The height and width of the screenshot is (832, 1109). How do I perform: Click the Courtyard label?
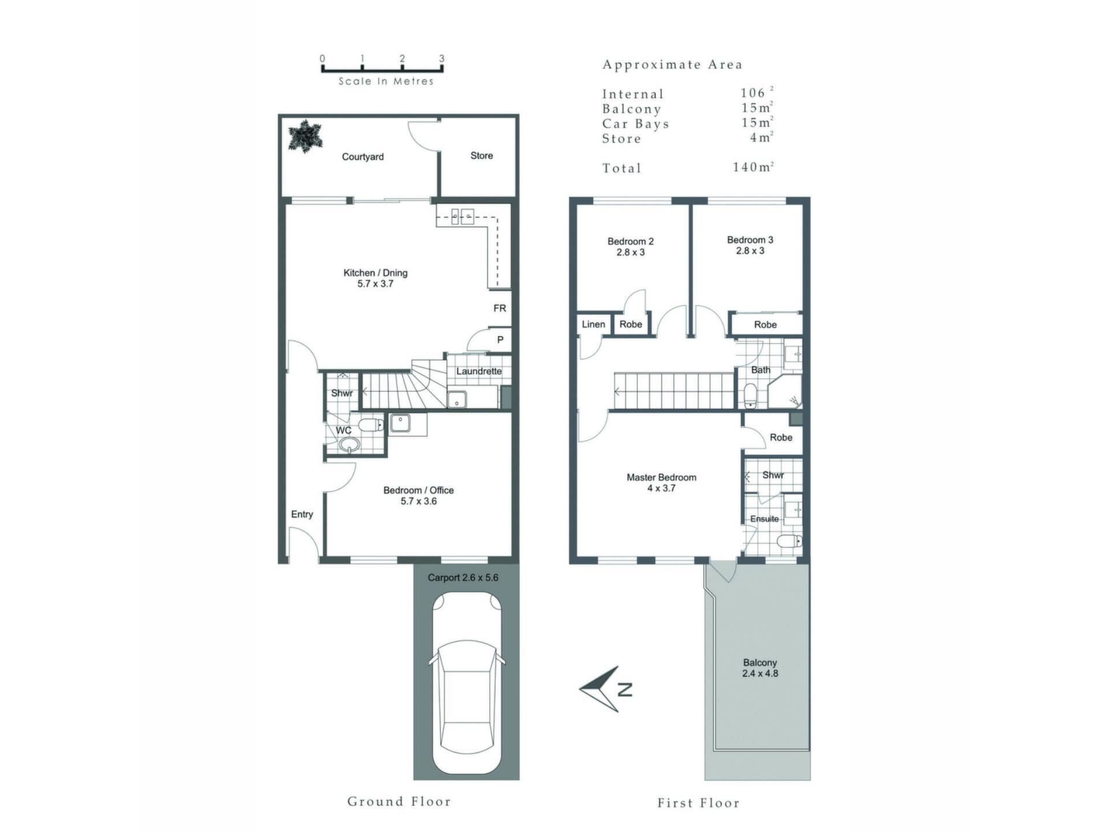[x=363, y=157]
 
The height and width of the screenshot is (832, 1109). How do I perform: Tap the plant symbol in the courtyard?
[x=304, y=136]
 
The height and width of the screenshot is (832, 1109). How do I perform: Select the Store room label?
[x=482, y=155]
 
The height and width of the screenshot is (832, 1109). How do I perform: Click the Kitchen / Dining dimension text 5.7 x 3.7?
[x=375, y=284]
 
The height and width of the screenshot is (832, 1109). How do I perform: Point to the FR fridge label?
[x=500, y=309]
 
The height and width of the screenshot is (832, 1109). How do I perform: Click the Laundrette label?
[x=479, y=371]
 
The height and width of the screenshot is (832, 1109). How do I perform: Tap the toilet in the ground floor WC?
[x=371, y=426]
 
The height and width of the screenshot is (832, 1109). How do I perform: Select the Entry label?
[x=302, y=514]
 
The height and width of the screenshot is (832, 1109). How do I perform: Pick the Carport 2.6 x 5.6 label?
[x=463, y=577]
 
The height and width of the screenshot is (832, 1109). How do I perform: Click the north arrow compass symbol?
[x=605, y=688]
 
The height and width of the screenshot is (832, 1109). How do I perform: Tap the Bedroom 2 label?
[x=631, y=242]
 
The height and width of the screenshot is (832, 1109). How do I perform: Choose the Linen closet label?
[x=594, y=324]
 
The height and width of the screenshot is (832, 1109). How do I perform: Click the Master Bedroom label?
[x=661, y=477]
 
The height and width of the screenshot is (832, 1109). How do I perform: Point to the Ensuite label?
[x=764, y=519]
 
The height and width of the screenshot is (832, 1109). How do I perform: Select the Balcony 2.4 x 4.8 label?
[x=760, y=668]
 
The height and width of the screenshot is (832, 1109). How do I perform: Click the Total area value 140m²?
[x=753, y=167]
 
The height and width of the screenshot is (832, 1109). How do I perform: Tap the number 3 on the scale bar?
[x=442, y=58]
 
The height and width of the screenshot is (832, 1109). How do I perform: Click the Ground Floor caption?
[x=399, y=801]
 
